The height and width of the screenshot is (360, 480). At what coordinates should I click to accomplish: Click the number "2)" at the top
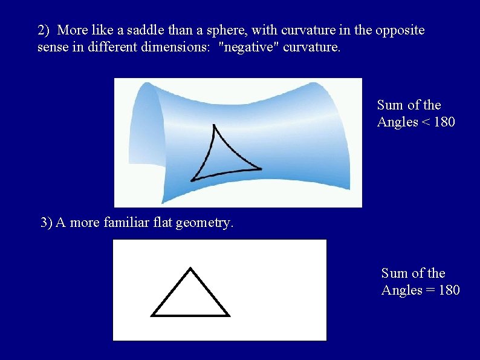pos(44,30)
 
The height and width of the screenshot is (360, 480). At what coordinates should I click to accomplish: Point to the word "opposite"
pos(400,30)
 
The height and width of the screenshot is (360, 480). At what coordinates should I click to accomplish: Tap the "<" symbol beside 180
pos(426,122)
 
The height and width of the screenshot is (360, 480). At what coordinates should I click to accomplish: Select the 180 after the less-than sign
pos(444,122)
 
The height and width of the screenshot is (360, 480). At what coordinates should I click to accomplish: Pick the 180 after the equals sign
pos(449,290)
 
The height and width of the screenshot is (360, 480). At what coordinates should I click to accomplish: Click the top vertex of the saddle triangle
pos(213,125)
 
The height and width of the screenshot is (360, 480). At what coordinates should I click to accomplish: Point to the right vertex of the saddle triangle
pos(261,169)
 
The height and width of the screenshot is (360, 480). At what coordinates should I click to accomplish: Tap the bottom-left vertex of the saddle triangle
pos(192,180)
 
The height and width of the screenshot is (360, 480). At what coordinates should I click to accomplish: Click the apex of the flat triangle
pos(190,268)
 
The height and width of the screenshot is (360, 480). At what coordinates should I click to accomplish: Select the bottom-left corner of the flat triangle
pos(152,315)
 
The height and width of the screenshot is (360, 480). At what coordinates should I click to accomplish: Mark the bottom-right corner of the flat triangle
pos(229,315)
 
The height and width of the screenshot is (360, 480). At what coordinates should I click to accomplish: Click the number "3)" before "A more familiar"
pos(47,223)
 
